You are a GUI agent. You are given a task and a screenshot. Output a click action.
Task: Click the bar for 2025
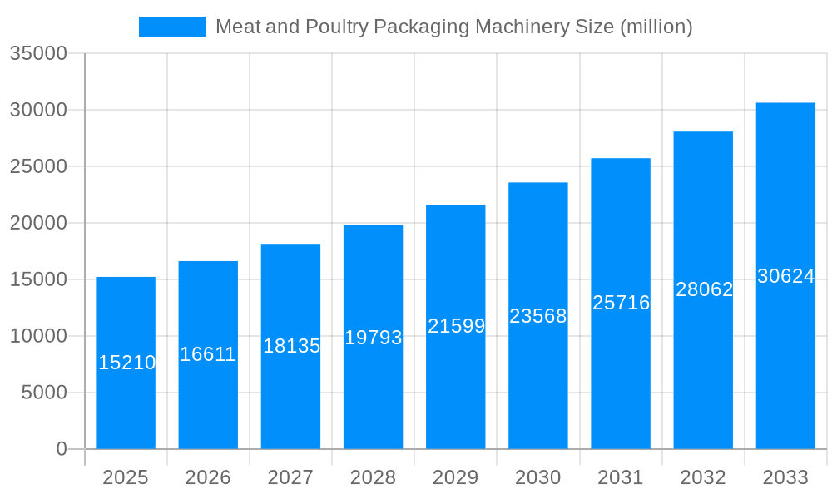click(126, 399)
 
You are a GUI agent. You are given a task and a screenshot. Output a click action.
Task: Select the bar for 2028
click(373, 391)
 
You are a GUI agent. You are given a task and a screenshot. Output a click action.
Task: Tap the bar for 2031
click(621, 374)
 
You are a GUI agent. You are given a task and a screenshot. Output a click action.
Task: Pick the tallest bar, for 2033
click(785, 366)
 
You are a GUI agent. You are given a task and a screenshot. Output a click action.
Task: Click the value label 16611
click(208, 354)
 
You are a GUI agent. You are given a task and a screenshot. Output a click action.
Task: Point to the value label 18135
click(291, 346)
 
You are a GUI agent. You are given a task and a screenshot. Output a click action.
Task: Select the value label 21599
click(456, 326)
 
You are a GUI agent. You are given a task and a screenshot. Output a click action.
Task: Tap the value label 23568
click(537, 316)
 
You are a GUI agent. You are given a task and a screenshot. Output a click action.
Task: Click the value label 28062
click(704, 289)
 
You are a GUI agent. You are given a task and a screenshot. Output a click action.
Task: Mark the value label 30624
click(785, 276)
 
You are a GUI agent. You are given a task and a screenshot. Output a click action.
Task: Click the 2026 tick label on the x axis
click(208, 477)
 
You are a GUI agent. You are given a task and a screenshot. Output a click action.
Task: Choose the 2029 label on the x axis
click(456, 477)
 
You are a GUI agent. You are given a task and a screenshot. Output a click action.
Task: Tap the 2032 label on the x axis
click(703, 477)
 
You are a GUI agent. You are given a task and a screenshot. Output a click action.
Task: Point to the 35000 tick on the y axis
click(38, 53)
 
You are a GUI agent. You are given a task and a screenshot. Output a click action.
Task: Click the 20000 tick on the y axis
click(38, 223)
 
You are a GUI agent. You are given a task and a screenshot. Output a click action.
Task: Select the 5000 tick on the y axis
click(44, 393)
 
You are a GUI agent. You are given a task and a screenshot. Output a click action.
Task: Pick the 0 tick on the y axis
click(62, 449)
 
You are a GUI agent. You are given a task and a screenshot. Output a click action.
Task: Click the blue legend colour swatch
click(172, 27)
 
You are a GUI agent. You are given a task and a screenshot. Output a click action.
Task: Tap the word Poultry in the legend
click(336, 27)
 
